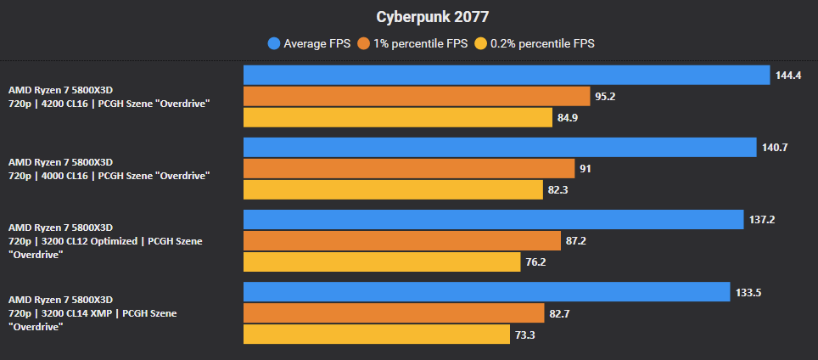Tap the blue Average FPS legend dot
pyautogui.click(x=274, y=42)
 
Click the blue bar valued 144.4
pyautogui.click(x=507, y=75)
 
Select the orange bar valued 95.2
pyautogui.click(x=417, y=96)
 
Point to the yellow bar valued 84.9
pyautogui.click(x=398, y=117)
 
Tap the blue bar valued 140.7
pyautogui.click(x=500, y=147)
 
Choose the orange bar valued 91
pyautogui.click(x=409, y=168)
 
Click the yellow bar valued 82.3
pyautogui.click(x=393, y=189)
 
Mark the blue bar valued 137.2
pyautogui.click(x=494, y=219)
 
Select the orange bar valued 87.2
pyautogui.click(x=402, y=240)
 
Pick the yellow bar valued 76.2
pyautogui.click(x=382, y=262)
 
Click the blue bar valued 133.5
pyautogui.click(x=487, y=291)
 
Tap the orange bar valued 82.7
pyautogui.click(x=394, y=313)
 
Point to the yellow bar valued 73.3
pyautogui.click(x=377, y=335)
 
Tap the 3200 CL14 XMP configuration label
pyautogui.click(x=92, y=313)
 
